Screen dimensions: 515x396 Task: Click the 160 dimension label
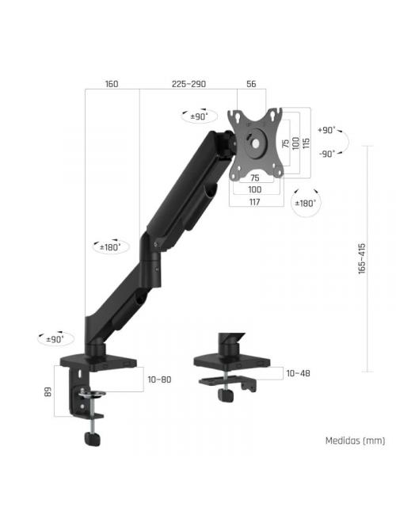pyautogui.click(x=111, y=83)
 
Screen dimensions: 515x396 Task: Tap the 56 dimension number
pyautogui.click(x=251, y=83)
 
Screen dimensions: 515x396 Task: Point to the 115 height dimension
pyautogui.click(x=306, y=140)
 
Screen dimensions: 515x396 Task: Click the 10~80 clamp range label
pyautogui.click(x=159, y=380)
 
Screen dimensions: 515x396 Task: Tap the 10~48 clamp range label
pyautogui.click(x=299, y=372)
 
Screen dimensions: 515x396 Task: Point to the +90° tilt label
pyautogui.click(x=326, y=129)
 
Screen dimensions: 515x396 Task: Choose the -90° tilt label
pyautogui.click(x=326, y=154)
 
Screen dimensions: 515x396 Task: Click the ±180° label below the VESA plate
pyautogui.click(x=305, y=204)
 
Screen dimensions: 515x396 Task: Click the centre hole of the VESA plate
pyautogui.click(x=255, y=143)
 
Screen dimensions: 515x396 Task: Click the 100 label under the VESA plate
pyautogui.click(x=255, y=190)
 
